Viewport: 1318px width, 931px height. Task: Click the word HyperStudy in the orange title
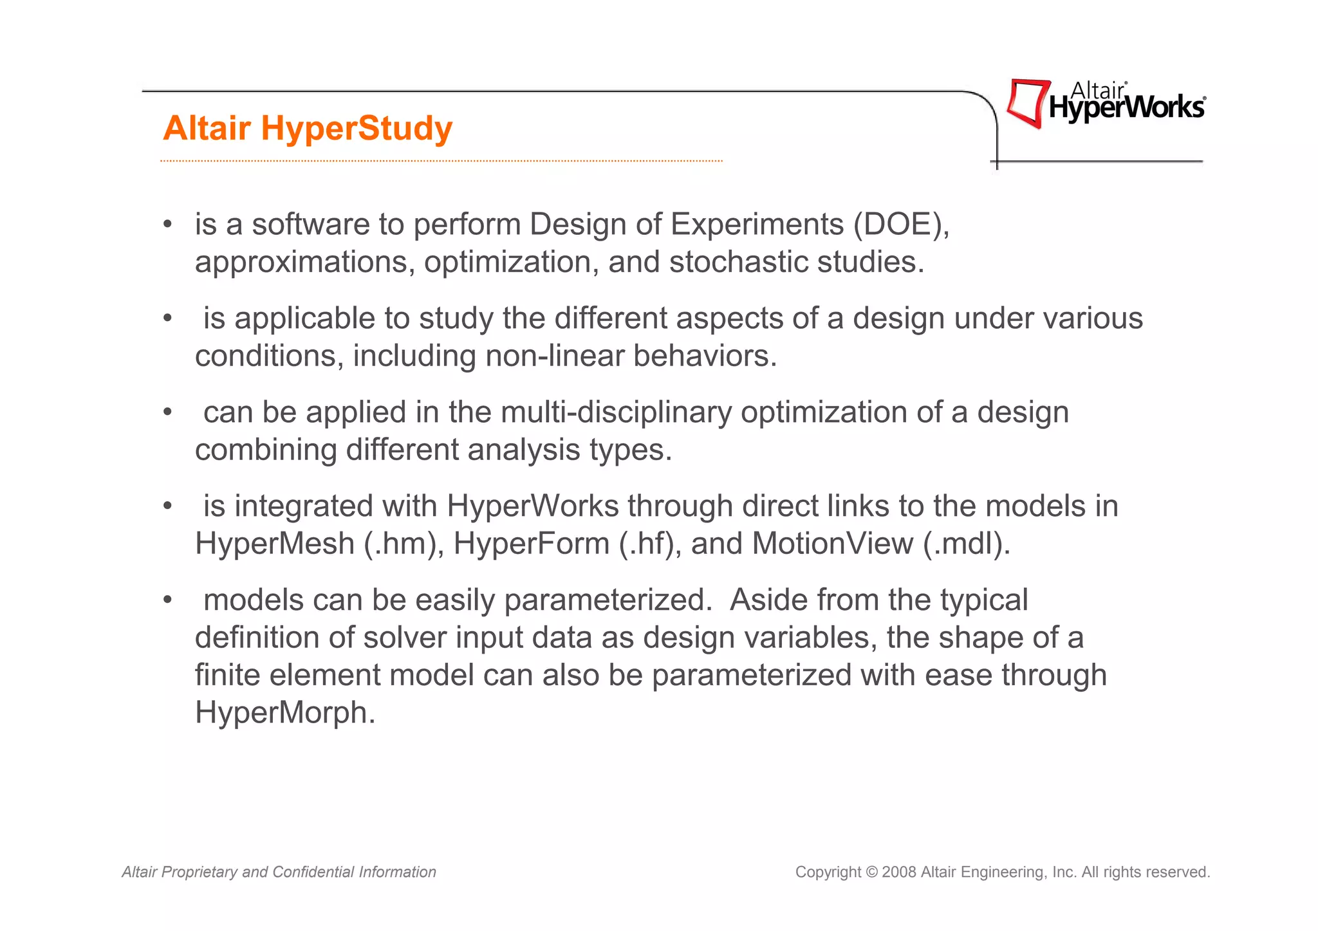point(357,129)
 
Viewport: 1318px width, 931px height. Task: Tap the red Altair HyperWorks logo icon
point(1027,103)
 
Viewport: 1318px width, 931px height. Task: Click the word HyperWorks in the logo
point(1126,107)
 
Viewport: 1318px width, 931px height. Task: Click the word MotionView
point(832,544)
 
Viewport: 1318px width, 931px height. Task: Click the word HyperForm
point(532,544)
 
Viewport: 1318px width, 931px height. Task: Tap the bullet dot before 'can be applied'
point(167,412)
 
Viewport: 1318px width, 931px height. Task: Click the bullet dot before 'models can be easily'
point(167,600)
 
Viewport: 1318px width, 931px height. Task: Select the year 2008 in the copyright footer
point(899,872)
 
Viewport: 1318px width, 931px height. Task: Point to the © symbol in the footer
point(871,872)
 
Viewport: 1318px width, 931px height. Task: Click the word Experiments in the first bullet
point(757,225)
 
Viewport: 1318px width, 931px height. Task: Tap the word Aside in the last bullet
point(768,600)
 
